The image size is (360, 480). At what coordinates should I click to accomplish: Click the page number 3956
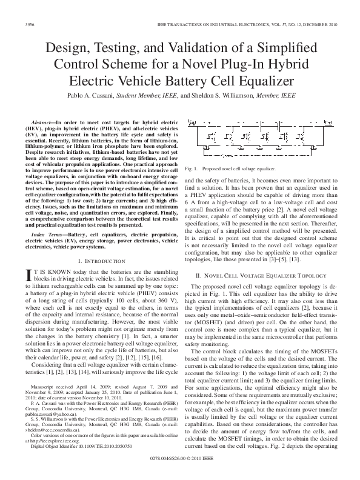(28, 24)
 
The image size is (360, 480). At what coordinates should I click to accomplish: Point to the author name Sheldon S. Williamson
(228, 96)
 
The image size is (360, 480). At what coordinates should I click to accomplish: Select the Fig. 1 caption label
(192, 168)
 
